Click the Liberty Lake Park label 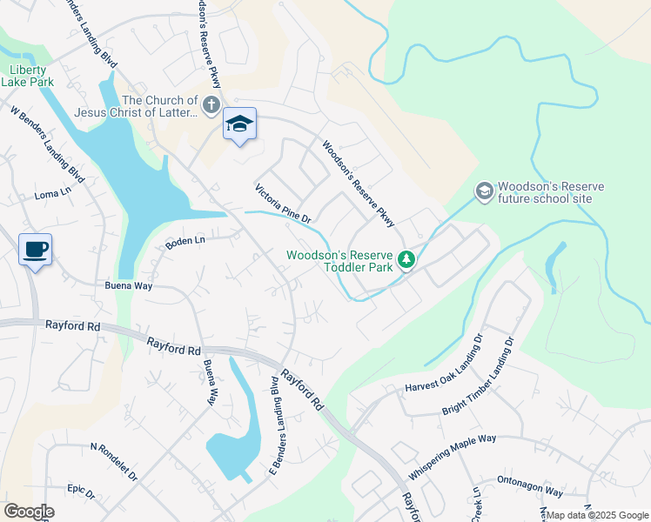pos(30,76)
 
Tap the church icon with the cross pos(211,106)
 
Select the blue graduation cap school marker pos(239,124)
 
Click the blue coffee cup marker pos(35,250)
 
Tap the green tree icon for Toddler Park pos(406,259)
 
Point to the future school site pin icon pos(483,190)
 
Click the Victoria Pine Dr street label pos(283,204)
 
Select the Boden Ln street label pos(185,242)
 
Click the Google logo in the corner pos(29,512)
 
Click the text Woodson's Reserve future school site pos(544,192)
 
